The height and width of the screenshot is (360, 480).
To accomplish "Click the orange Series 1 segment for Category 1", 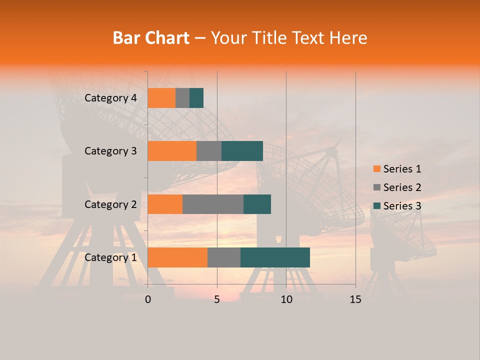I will pyautogui.click(x=177, y=257).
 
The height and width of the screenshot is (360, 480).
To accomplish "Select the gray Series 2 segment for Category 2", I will pyautogui.click(x=213, y=204).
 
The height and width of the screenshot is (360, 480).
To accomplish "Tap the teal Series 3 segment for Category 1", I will pyautogui.click(x=275, y=257).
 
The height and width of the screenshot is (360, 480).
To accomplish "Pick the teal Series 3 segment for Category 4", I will pyautogui.click(x=196, y=98).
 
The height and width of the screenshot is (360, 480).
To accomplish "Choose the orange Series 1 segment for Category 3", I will pyautogui.click(x=172, y=151).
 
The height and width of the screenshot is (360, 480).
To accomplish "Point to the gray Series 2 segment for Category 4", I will pyautogui.click(x=182, y=98).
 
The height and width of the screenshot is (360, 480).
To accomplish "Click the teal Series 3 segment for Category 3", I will pyautogui.click(x=242, y=151).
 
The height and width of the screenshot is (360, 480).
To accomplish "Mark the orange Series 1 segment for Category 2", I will pyautogui.click(x=165, y=204).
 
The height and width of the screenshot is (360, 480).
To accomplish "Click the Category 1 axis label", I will pyautogui.click(x=110, y=257).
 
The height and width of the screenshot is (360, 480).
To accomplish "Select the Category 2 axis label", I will pyautogui.click(x=110, y=204).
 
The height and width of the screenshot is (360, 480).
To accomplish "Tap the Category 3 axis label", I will pyautogui.click(x=110, y=151).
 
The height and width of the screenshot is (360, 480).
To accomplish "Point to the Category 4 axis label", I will pyautogui.click(x=110, y=98).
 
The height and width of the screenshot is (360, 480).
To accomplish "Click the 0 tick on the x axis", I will pyautogui.click(x=148, y=299).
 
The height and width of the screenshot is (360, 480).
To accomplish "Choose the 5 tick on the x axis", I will pyautogui.click(x=217, y=299).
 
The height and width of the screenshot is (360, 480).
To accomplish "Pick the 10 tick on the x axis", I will pyautogui.click(x=286, y=299).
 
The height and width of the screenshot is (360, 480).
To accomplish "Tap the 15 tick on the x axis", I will pyautogui.click(x=355, y=299).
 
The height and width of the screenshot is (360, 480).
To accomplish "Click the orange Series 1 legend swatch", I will pyautogui.click(x=376, y=169).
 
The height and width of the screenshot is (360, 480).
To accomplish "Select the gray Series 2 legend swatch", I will pyautogui.click(x=376, y=187).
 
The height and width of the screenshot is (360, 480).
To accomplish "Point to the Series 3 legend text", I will pyautogui.click(x=402, y=206).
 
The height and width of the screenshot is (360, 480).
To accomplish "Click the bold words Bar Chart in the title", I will pyautogui.click(x=151, y=38).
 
